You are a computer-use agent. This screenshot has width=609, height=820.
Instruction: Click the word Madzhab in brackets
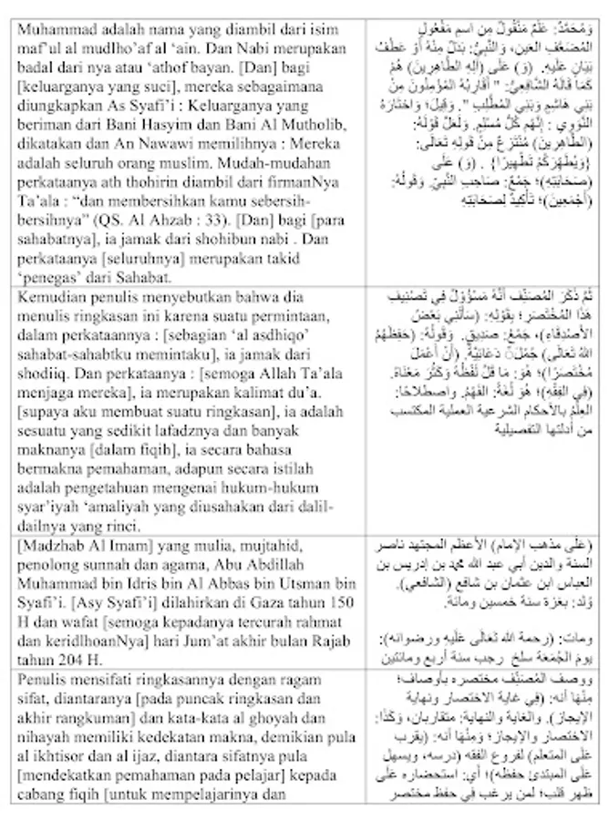pyautogui.click(x=54, y=547)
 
